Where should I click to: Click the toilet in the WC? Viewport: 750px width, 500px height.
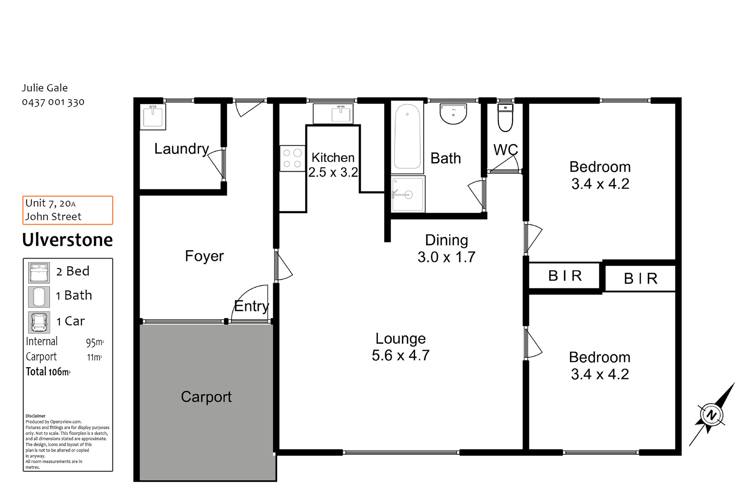tap(505, 117)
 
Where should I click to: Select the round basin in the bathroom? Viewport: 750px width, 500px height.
tap(453, 114)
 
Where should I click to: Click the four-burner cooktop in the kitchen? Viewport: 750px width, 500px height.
tap(292, 158)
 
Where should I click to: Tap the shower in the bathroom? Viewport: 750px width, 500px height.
tap(408, 194)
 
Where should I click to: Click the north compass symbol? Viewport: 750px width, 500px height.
tap(711, 414)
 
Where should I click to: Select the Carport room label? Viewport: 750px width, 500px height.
tap(206, 397)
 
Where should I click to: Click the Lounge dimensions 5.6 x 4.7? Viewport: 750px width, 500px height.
tap(400, 355)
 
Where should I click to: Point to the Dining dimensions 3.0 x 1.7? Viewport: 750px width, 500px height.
tap(446, 257)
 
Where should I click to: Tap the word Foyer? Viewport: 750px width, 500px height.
tap(204, 256)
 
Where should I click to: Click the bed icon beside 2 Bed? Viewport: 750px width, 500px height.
tap(39, 273)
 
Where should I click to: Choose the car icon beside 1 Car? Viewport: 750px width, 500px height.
tap(39, 322)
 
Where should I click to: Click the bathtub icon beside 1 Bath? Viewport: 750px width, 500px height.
tap(39, 297)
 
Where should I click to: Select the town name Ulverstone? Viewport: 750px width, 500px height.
tap(68, 240)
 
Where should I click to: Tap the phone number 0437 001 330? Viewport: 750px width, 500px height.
tap(53, 102)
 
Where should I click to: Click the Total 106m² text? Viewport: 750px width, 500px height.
tap(48, 371)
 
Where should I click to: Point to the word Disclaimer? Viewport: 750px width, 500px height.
tap(36, 416)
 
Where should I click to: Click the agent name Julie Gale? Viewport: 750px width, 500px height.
tap(45, 88)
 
